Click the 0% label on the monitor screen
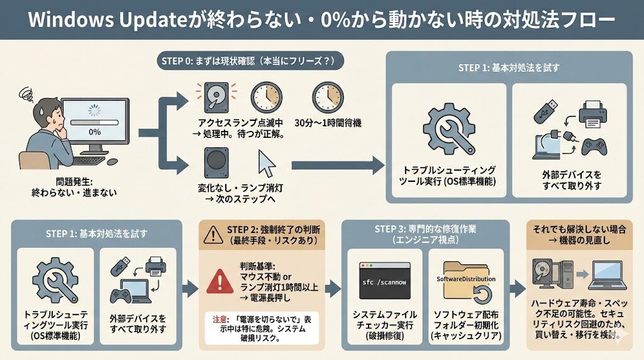[94, 132]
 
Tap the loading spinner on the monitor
[94, 111]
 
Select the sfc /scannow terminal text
[380, 283]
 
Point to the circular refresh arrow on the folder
[482, 294]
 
